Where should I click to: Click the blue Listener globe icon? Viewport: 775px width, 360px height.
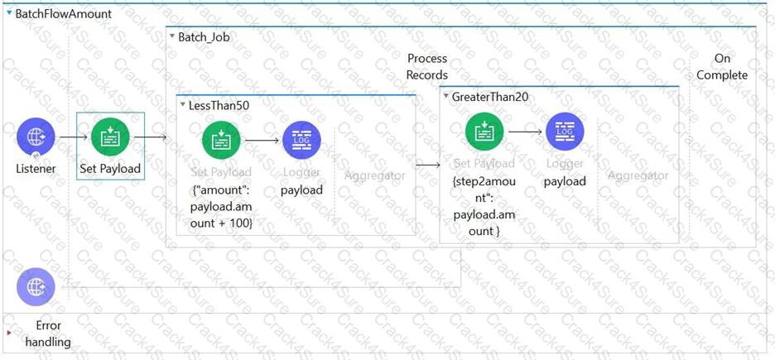(x=36, y=137)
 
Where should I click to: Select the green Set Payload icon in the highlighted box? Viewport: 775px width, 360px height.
(x=110, y=137)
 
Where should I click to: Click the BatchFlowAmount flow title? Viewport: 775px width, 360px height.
(x=63, y=14)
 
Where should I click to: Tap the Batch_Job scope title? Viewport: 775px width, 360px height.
(x=204, y=37)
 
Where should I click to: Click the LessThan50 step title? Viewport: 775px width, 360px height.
(x=219, y=105)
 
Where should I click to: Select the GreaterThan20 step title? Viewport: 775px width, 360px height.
(x=489, y=97)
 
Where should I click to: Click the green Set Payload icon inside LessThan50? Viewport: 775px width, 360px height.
(x=221, y=141)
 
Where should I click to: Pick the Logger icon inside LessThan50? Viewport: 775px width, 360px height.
(x=301, y=140)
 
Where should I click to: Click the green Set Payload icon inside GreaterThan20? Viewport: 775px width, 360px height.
(x=484, y=132)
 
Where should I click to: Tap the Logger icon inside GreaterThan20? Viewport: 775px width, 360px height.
(x=565, y=131)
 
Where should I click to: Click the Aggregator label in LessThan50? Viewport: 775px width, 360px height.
(x=375, y=175)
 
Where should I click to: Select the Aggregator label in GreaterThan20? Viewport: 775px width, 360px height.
(x=638, y=175)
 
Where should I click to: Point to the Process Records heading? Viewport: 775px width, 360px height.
(x=427, y=66)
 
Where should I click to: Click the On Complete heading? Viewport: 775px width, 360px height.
(x=722, y=66)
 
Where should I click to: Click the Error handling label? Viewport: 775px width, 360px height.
(x=48, y=334)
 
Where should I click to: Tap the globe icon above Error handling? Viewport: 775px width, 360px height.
(x=36, y=287)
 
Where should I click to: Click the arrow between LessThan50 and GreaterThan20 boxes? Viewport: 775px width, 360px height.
(x=427, y=165)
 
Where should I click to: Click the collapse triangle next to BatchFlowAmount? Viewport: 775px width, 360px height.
(x=9, y=13)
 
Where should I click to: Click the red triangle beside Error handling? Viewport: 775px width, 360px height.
(x=9, y=333)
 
